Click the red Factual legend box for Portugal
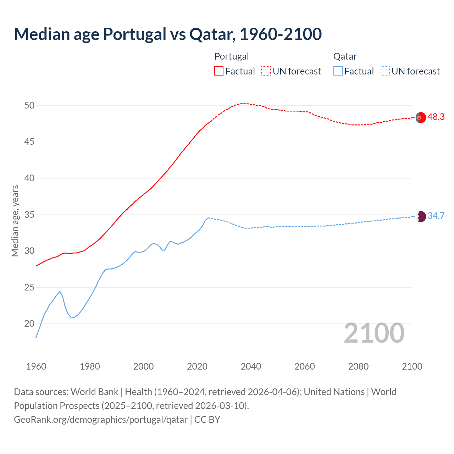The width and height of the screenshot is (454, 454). tap(219, 71)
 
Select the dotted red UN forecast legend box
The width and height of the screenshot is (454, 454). tap(266, 71)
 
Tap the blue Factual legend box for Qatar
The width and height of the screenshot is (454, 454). tap(338, 71)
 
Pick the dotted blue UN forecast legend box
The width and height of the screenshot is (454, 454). tap(385, 71)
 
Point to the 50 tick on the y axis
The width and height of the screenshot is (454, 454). tap(29, 105)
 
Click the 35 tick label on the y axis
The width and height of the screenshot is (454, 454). tap(29, 215)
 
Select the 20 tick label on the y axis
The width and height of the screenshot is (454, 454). tap(29, 323)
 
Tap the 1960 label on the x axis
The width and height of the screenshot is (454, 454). tap(36, 366)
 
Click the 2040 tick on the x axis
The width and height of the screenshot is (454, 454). tap(251, 366)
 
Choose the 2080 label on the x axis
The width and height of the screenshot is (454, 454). tap(358, 366)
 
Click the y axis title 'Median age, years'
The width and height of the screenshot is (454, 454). tap(15, 221)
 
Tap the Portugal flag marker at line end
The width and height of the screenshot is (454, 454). tap(421, 117)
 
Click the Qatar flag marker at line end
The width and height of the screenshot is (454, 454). tap(421, 216)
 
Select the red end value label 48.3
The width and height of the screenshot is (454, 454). tap(436, 117)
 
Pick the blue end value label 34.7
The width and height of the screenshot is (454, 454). tap(436, 216)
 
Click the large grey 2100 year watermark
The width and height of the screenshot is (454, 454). tap(374, 333)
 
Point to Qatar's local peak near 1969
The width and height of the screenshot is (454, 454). tap(60, 292)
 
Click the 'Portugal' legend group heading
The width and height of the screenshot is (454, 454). tap(232, 56)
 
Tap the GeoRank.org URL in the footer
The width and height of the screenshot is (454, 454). tap(101, 420)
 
